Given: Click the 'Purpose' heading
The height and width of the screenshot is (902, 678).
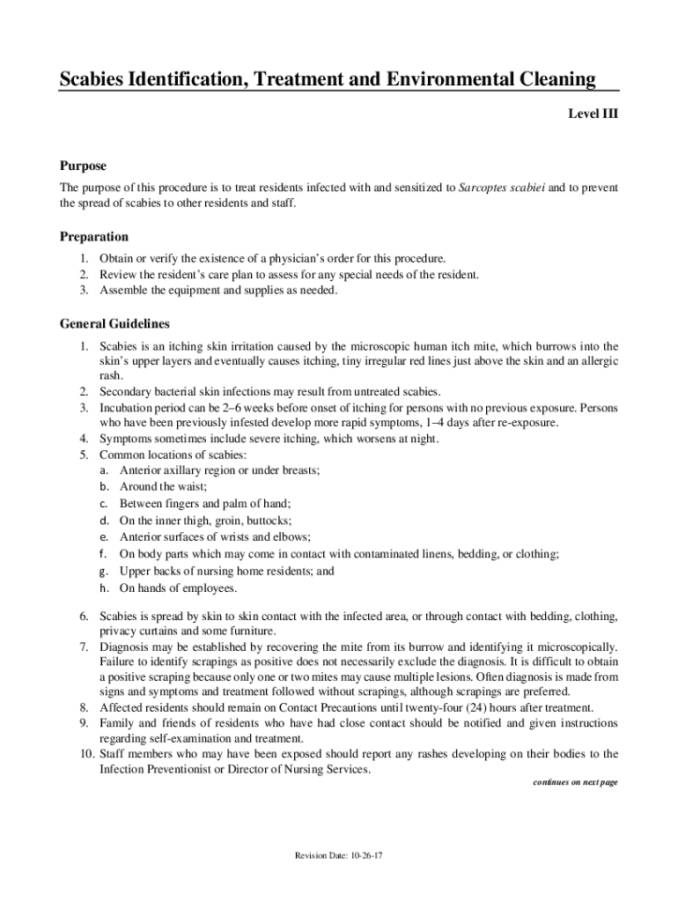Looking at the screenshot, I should (x=83, y=166).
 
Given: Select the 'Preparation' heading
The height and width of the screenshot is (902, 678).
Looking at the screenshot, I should (x=94, y=236).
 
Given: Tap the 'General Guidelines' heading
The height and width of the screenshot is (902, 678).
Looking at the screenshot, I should (x=114, y=323).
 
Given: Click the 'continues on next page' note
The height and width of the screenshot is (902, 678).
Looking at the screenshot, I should (x=576, y=782).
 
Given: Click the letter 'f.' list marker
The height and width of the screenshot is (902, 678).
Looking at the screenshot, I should (x=104, y=554).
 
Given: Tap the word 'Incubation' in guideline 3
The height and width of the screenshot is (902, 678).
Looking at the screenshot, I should (x=126, y=408).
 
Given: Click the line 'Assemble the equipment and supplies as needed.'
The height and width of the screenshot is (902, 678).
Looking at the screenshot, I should (x=218, y=291).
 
